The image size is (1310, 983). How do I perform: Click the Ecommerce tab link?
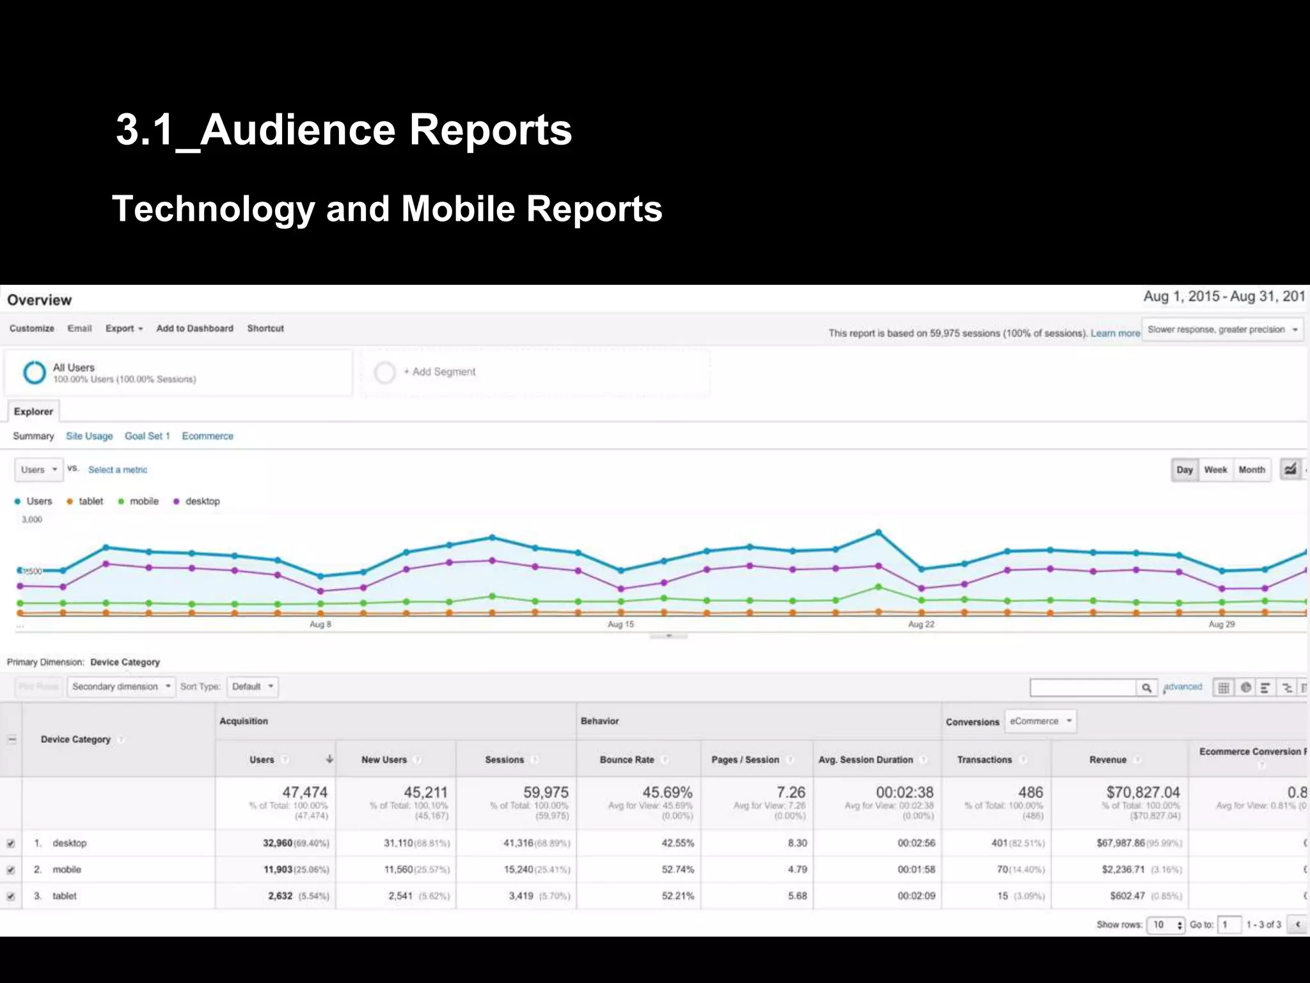207,436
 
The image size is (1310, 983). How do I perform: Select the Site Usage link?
89,436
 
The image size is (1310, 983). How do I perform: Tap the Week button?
1215,470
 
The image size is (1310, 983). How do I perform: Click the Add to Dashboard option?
194,328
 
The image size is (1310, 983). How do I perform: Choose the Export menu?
123,328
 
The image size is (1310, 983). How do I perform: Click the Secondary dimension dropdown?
121,687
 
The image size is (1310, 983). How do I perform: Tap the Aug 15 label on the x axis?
620,624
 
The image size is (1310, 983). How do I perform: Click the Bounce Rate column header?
627,760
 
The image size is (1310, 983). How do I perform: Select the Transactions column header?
984,760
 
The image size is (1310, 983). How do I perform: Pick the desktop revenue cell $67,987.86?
1120,843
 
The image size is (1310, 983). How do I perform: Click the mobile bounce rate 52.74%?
677,869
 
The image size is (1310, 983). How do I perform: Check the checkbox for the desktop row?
11,843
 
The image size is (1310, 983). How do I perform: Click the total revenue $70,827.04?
1142,792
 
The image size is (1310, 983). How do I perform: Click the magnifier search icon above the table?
1146,687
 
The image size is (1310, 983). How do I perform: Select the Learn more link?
1115,333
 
